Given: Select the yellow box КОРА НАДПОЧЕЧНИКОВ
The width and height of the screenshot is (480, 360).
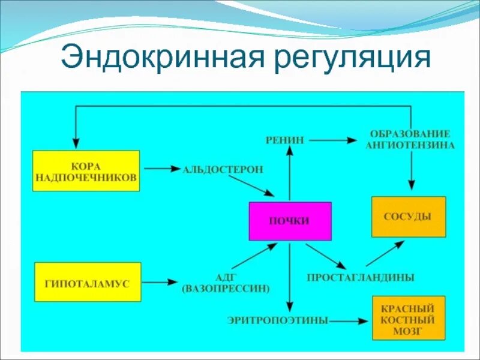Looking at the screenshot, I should pyautogui.click(x=86, y=171).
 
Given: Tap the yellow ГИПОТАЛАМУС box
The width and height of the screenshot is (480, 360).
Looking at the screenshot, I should pyautogui.click(x=88, y=281).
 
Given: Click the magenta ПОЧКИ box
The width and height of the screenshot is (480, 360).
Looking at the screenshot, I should pyautogui.click(x=290, y=220).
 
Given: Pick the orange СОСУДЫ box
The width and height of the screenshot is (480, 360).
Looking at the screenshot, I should pyautogui.click(x=409, y=217).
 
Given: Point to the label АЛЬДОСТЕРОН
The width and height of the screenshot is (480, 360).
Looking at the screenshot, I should pyautogui.click(x=223, y=169).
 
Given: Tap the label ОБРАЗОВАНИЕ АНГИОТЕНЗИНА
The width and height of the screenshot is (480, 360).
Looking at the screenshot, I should pyautogui.click(x=410, y=139).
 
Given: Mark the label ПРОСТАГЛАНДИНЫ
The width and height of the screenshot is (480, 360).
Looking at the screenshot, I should pyautogui.click(x=361, y=278).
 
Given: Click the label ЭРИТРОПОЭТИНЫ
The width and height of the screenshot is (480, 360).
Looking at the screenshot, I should pyautogui.click(x=278, y=321).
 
